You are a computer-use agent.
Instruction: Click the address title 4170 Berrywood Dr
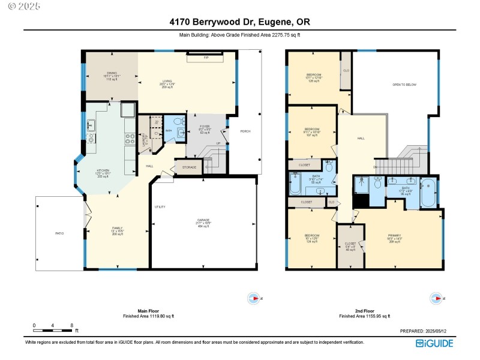click(x=239, y=22)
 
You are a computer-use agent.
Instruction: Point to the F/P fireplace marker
click(x=206, y=58)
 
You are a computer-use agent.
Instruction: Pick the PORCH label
click(x=245, y=131)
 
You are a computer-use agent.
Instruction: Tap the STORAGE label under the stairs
click(x=188, y=167)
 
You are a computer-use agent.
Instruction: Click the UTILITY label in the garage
click(x=160, y=207)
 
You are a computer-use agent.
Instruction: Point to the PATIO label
click(x=59, y=233)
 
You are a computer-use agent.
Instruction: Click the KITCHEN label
click(x=103, y=172)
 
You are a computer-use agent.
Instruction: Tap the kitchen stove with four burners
click(x=130, y=138)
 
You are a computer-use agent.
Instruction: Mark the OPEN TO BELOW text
click(x=404, y=85)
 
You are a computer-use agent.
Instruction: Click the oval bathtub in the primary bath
click(x=428, y=193)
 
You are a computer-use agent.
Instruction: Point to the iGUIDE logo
click(x=434, y=343)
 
